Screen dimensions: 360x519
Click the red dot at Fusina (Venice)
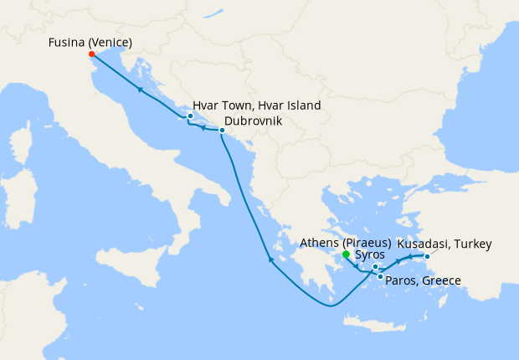(x=91, y=54)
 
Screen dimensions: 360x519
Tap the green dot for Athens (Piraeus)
(x=346, y=254)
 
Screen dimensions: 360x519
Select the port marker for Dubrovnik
(x=222, y=131)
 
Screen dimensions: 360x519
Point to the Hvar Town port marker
(x=191, y=116)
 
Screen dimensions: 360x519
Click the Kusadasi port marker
(x=427, y=256)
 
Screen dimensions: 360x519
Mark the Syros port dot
(x=376, y=267)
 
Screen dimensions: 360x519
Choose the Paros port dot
(x=380, y=276)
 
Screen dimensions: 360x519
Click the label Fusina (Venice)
(x=90, y=42)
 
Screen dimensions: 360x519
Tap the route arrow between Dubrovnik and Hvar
(x=203, y=128)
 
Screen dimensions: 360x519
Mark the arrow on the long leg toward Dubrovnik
(x=270, y=259)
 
